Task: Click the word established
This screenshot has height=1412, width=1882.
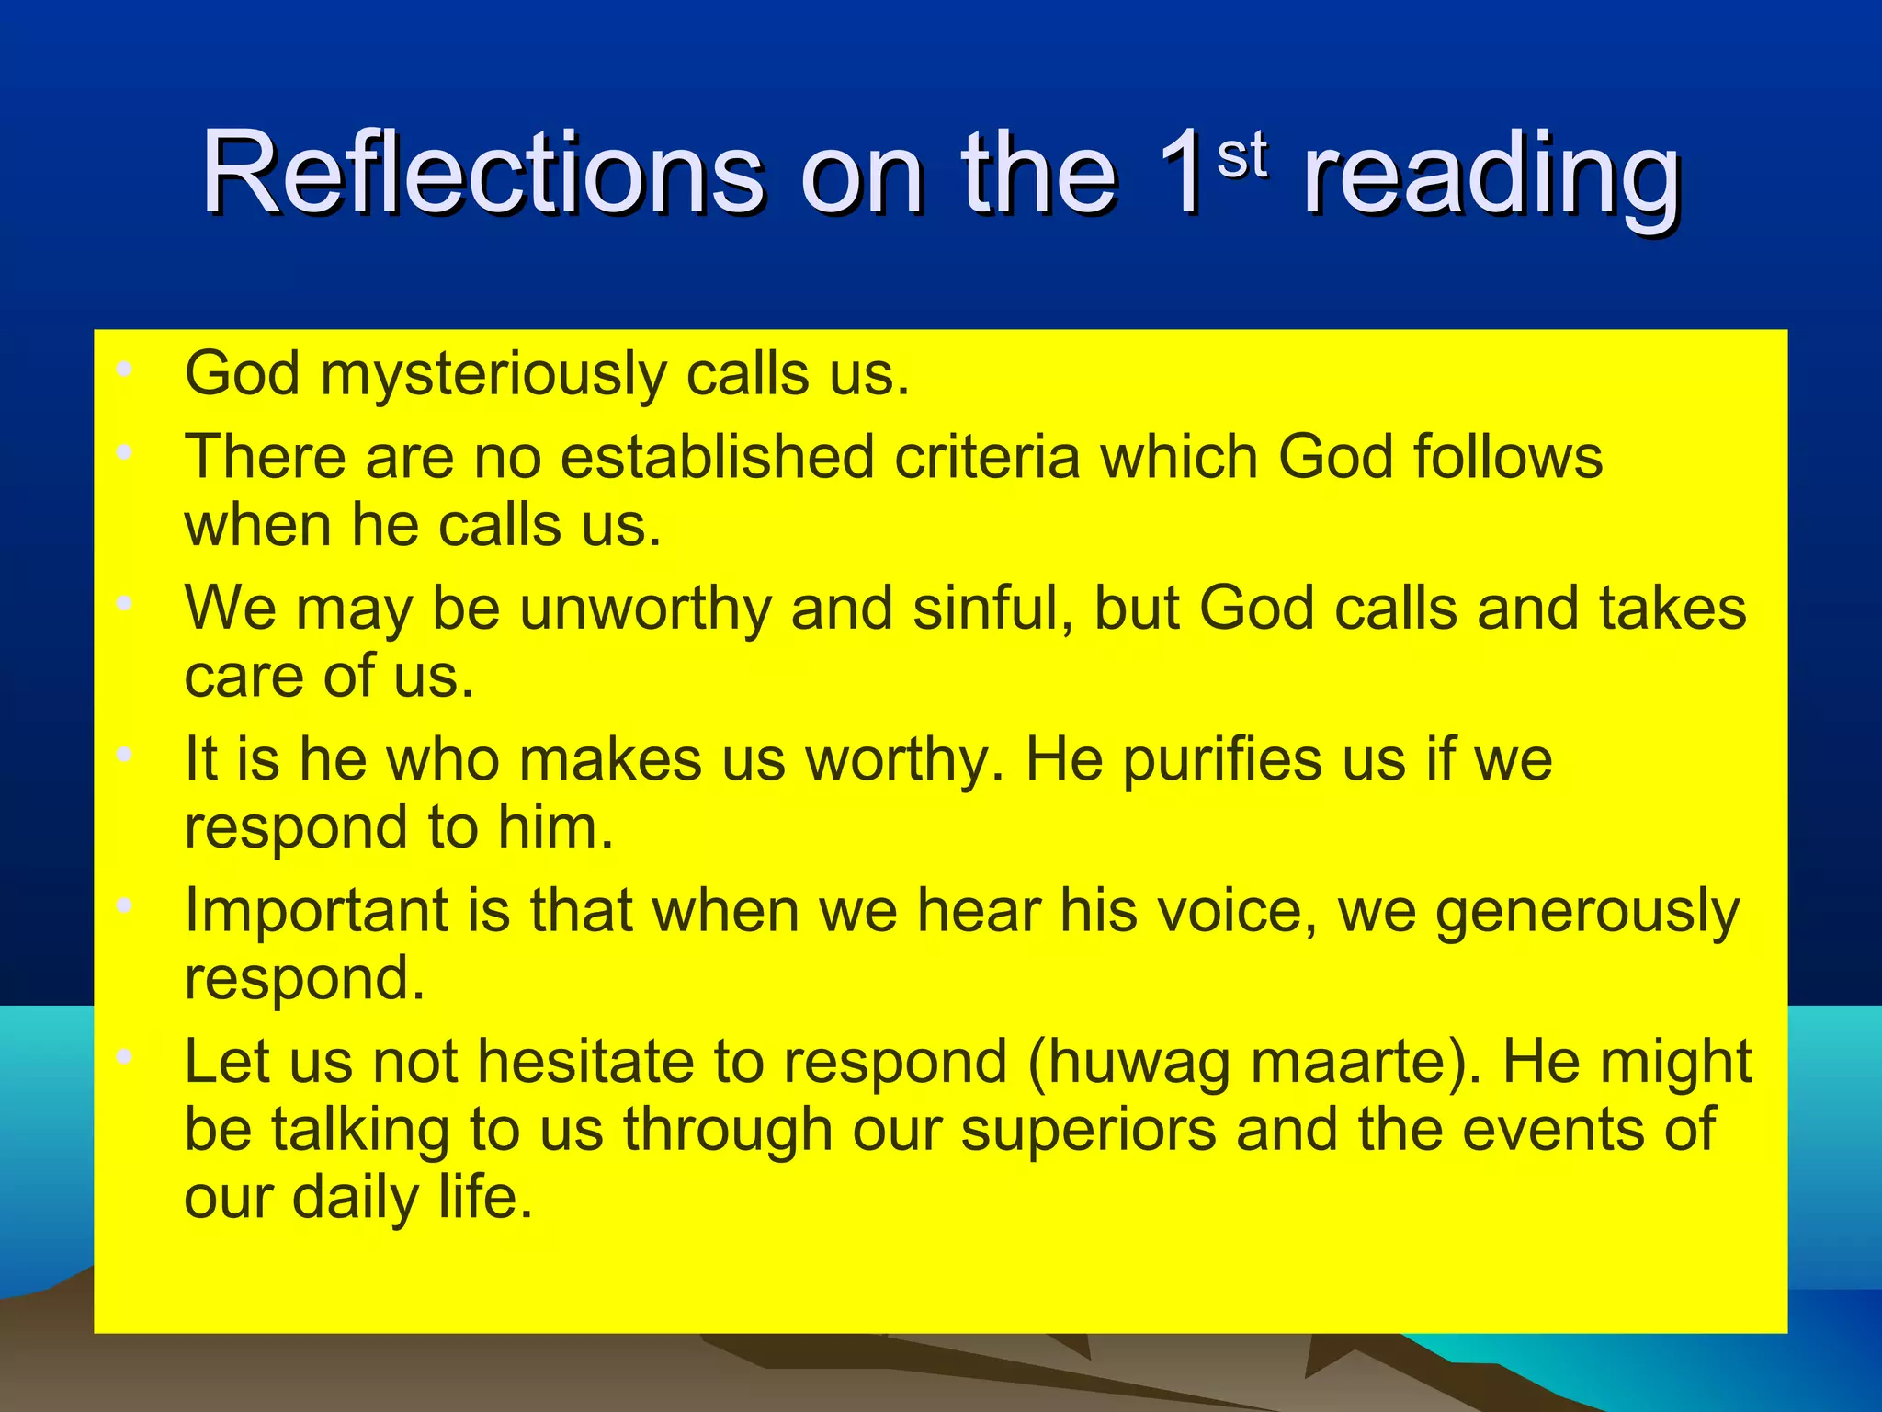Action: click(717, 457)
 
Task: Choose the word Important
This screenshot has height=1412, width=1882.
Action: click(316, 913)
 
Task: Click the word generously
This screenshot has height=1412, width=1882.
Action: click(1587, 913)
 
